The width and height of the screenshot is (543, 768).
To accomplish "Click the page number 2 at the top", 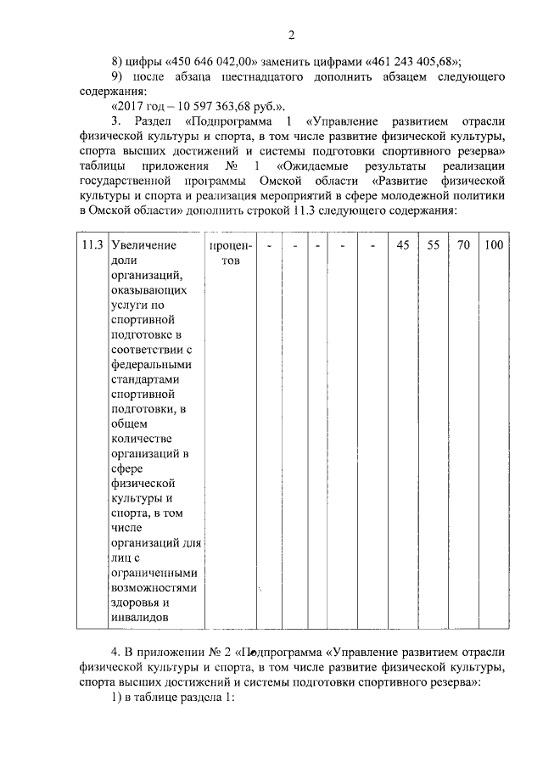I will [x=291, y=35].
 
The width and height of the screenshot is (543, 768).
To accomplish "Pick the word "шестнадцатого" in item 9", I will [x=259, y=77].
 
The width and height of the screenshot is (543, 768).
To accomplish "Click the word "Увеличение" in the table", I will [x=144, y=245].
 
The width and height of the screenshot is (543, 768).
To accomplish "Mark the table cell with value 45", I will [x=403, y=245].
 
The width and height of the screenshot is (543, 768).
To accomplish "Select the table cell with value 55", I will [x=433, y=245].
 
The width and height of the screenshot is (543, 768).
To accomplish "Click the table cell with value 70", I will [x=463, y=245].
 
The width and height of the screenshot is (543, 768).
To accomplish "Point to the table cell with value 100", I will [x=493, y=245].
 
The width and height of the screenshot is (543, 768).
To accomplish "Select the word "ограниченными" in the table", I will [x=154, y=572].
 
